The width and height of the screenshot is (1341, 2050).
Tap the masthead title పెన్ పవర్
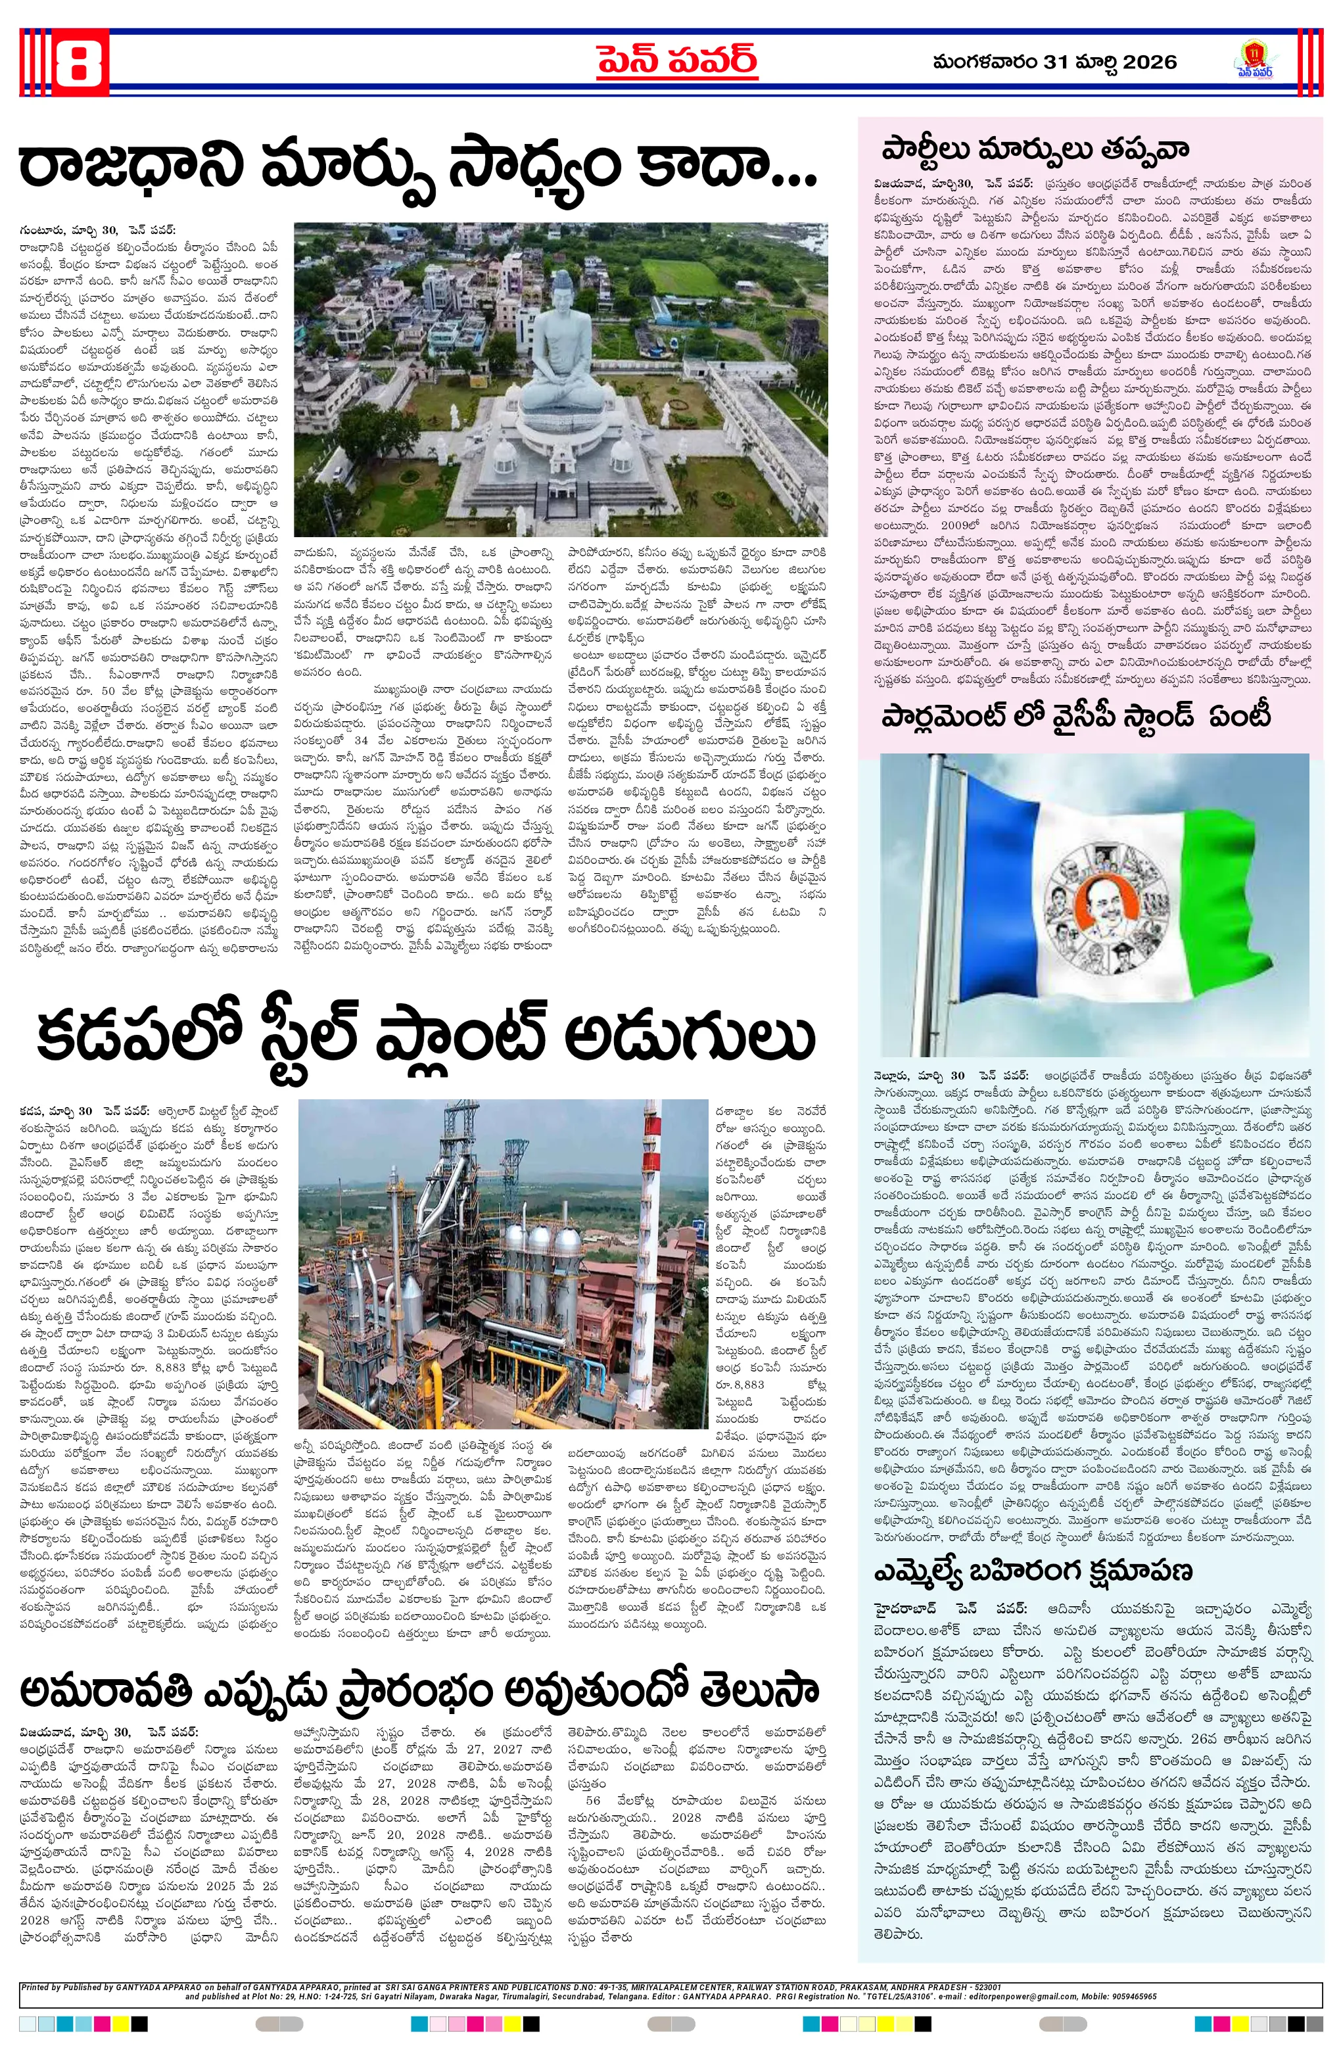tap(678, 60)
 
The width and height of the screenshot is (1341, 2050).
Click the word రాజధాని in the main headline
tap(129, 166)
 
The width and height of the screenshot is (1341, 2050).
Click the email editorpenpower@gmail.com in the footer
tap(1029, 1997)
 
